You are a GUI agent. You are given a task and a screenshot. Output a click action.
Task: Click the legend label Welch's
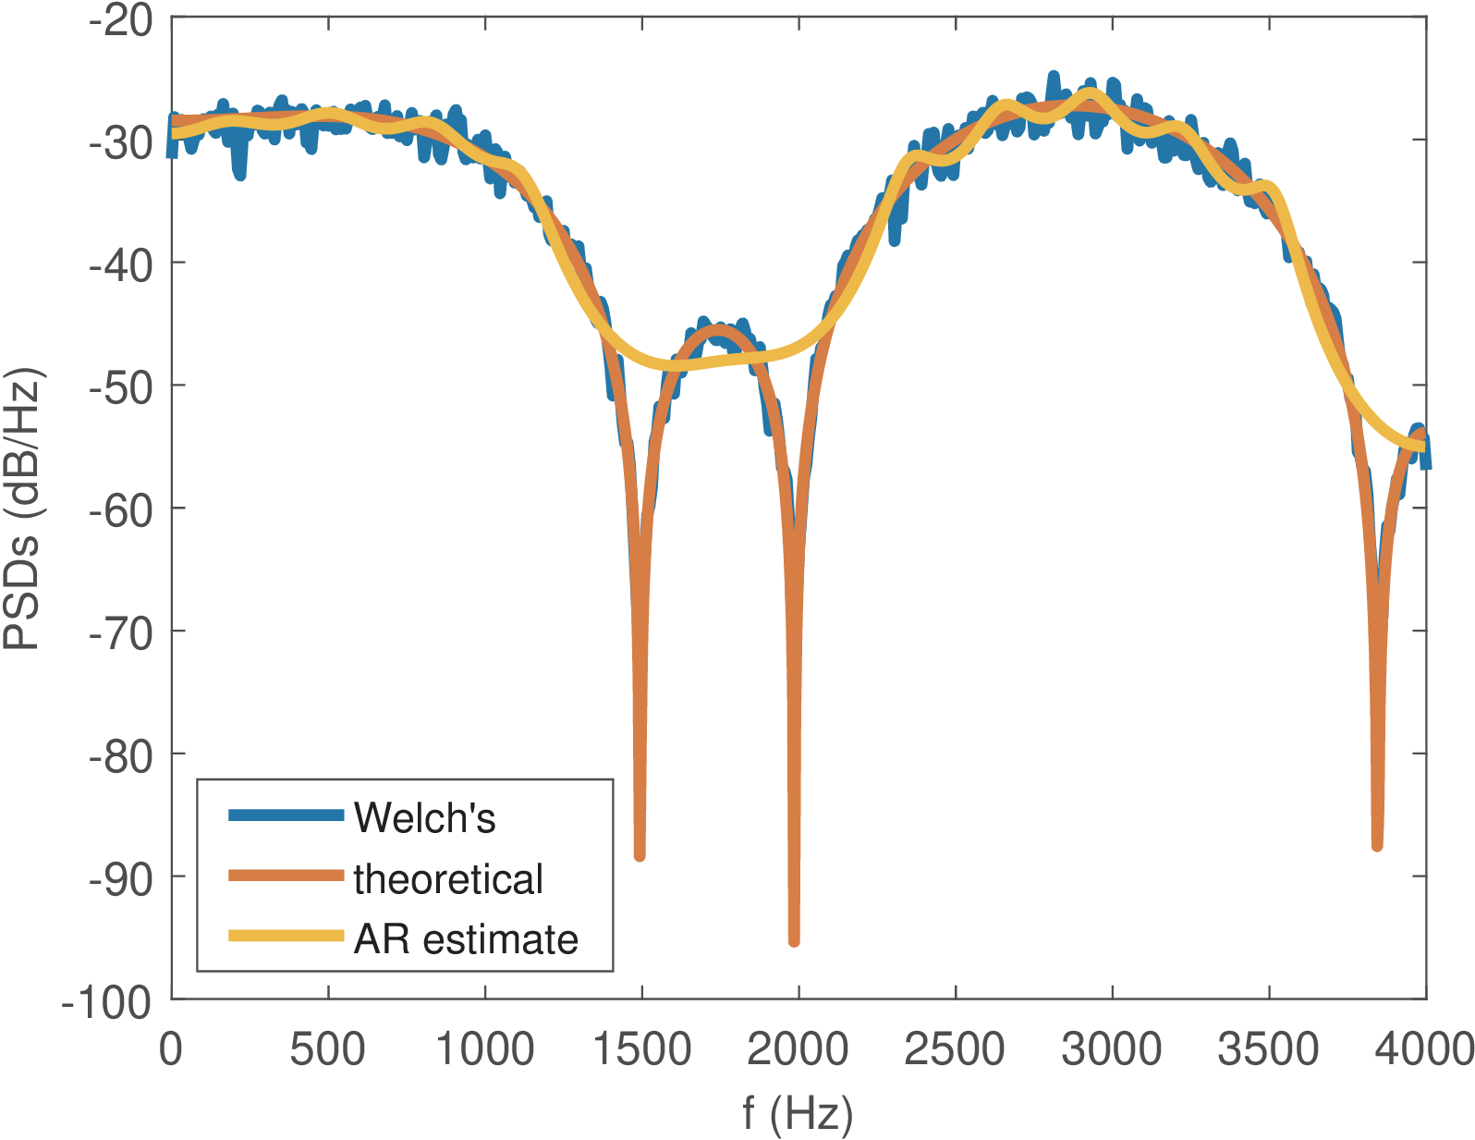pyautogui.click(x=424, y=817)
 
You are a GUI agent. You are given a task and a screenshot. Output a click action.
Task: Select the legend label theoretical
pyautogui.click(x=448, y=878)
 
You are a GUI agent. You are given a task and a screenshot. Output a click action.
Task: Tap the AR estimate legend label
pyautogui.click(x=466, y=939)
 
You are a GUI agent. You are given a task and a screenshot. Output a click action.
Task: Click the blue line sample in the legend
pyautogui.click(x=286, y=815)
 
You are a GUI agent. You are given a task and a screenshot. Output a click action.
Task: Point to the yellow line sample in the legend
pyautogui.click(x=286, y=936)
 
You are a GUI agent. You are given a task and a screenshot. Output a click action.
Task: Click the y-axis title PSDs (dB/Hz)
pyautogui.click(x=22, y=509)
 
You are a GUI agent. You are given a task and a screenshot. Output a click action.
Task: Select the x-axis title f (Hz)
pyautogui.click(x=798, y=1113)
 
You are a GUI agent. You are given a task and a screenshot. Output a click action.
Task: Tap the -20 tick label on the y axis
pyautogui.click(x=121, y=19)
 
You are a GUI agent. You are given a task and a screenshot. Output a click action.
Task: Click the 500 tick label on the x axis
pyautogui.click(x=327, y=1050)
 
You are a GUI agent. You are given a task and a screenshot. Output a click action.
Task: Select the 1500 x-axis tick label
pyautogui.click(x=640, y=1050)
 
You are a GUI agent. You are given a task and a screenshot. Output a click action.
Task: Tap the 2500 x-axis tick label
pyautogui.click(x=954, y=1050)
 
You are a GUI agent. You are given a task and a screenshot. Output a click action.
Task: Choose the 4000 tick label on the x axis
pyautogui.click(x=1424, y=1050)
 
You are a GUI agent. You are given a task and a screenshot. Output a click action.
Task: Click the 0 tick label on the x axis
pyautogui.click(x=171, y=1050)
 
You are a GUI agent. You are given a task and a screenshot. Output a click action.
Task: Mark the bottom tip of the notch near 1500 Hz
pyautogui.click(x=640, y=856)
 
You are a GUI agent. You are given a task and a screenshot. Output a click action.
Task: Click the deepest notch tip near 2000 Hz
pyautogui.click(x=794, y=941)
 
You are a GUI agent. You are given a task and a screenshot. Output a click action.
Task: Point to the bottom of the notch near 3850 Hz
pyautogui.click(x=1377, y=845)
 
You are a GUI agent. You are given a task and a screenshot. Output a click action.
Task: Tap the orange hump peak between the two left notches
pyautogui.click(x=718, y=329)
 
